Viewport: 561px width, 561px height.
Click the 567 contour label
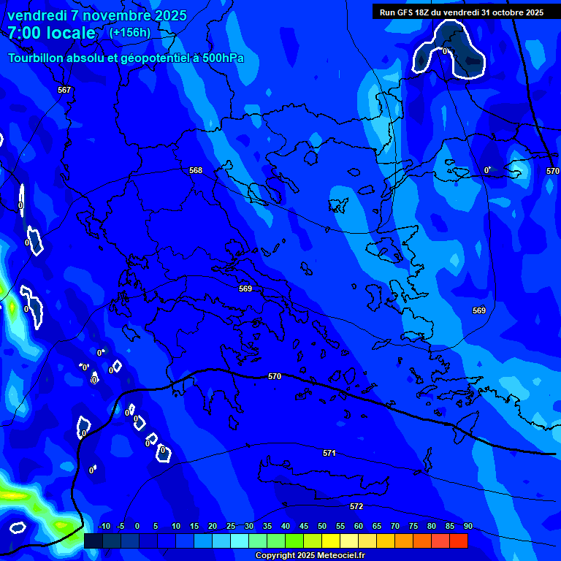tap(64, 90)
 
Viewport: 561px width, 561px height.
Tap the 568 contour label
tap(196, 170)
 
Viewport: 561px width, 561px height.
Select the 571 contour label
tap(329, 453)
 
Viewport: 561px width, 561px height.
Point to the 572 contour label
tap(356, 506)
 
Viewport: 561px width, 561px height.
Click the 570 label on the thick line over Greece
tap(275, 376)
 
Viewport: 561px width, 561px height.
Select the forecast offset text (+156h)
tap(130, 32)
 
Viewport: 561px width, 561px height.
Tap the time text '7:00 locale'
tap(51, 33)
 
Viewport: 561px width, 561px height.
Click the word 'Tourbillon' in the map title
tap(35, 58)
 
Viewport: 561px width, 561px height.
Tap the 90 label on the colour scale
tap(467, 526)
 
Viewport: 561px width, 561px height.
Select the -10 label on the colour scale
tap(104, 526)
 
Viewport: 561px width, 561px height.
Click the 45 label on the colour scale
tap(304, 526)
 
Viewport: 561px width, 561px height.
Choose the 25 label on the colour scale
tap(231, 526)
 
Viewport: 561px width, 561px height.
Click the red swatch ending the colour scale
tap(458, 541)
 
